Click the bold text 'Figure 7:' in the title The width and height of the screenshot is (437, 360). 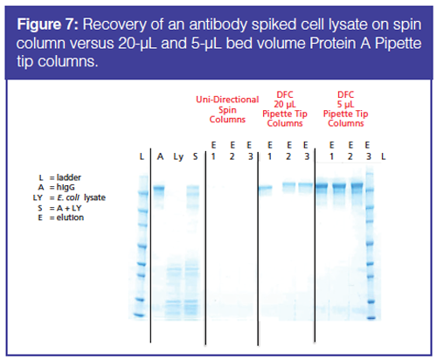[48, 24]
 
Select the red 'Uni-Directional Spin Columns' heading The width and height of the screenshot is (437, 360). [227, 109]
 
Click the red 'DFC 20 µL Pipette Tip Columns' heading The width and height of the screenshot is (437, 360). [285, 109]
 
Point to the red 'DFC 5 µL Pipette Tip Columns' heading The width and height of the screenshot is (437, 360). [345, 109]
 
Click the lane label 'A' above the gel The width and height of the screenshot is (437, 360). [160, 156]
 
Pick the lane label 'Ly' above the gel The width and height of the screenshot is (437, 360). [178, 157]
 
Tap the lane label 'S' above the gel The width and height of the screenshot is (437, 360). [195, 156]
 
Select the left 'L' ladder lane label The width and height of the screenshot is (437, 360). [142, 156]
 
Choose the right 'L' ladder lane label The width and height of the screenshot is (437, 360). [384, 156]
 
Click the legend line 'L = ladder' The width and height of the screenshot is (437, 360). [60, 177]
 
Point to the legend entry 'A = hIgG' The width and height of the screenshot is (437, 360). [56, 187]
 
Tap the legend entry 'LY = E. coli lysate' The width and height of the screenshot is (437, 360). [69, 197]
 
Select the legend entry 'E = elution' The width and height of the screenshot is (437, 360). [61, 218]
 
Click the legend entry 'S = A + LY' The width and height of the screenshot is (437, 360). [59, 208]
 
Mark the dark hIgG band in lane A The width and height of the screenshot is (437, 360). [159, 188]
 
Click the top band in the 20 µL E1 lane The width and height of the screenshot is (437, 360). [266, 188]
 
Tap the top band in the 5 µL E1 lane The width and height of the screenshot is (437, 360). [322, 185]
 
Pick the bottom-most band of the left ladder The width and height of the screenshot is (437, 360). [138, 315]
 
